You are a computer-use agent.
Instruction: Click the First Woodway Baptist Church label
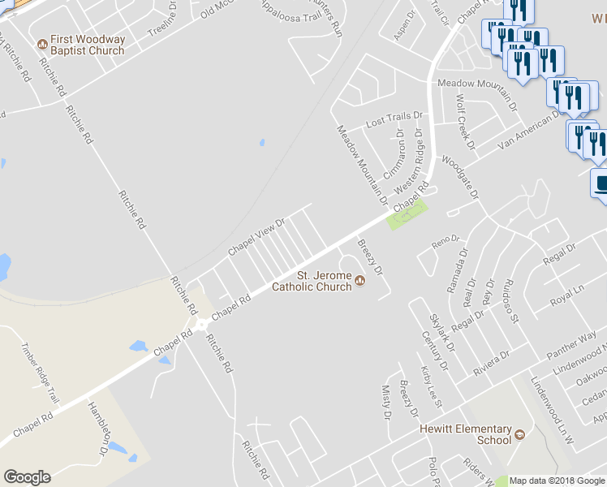(x=87, y=45)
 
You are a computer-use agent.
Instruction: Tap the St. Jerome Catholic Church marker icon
(x=360, y=281)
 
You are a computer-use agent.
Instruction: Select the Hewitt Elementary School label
(x=465, y=434)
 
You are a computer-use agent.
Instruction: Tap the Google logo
(x=27, y=477)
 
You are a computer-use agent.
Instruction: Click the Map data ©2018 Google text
(x=557, y=481)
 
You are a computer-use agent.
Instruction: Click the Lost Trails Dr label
(x=395, y=120)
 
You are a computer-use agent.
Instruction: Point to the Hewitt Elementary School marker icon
(x=519, y=434)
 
